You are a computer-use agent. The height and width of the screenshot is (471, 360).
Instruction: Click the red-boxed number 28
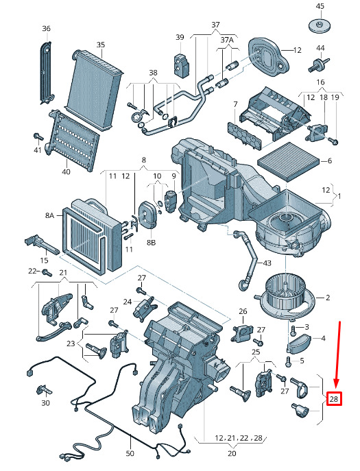(334, 399)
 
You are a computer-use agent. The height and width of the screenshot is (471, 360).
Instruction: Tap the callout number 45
(320, 6)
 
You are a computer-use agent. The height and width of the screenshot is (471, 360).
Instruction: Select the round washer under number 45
(320, 25)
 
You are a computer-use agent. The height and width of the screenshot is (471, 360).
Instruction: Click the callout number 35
(101, 45)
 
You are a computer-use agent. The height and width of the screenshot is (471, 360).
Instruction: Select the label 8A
(49, 215)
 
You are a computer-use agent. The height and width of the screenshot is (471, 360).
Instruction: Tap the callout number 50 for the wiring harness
(130, 453)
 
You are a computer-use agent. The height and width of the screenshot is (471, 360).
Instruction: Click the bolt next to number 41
(38, 137)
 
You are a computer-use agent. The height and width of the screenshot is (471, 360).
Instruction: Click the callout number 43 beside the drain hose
(267, 263)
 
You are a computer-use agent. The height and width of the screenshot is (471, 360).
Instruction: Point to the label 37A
(227, 40)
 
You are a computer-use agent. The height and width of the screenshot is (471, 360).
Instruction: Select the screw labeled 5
(288, 361)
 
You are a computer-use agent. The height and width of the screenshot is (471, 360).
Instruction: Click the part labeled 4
(298, 343)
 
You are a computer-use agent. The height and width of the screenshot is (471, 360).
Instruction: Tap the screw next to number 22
(47, 273)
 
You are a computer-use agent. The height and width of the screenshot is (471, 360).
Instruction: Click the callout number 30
(45, 402)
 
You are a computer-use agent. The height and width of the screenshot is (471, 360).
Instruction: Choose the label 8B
(151, 242)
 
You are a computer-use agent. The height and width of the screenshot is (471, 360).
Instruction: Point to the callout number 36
(46, 29)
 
